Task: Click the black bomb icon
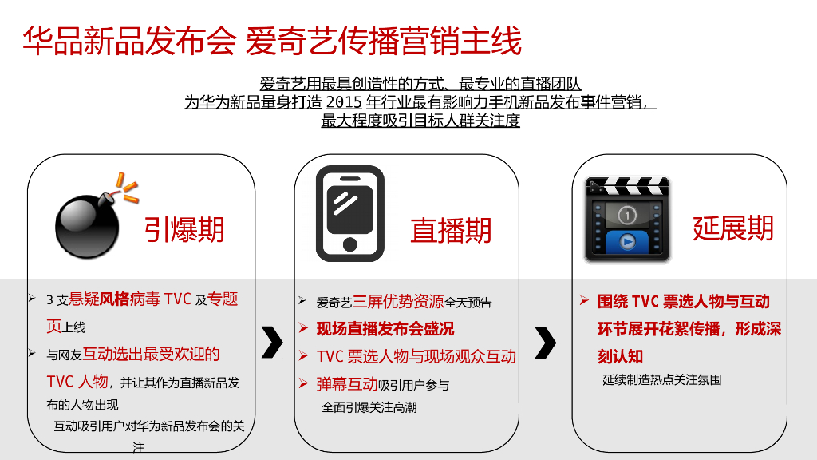88,224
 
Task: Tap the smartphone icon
350,213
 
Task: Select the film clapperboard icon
627,219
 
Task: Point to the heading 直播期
451,231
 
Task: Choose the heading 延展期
733,228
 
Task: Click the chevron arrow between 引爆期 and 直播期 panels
272,343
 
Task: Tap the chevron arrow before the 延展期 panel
546,343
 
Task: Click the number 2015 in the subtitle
344,101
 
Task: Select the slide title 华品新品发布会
129,41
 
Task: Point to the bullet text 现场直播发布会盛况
385,329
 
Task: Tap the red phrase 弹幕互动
346,384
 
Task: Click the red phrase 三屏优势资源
398,301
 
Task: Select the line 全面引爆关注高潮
369,407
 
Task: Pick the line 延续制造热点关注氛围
661,379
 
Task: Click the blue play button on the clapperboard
627,242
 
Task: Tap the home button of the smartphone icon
350,244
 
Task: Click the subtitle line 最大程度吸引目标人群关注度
420,121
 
